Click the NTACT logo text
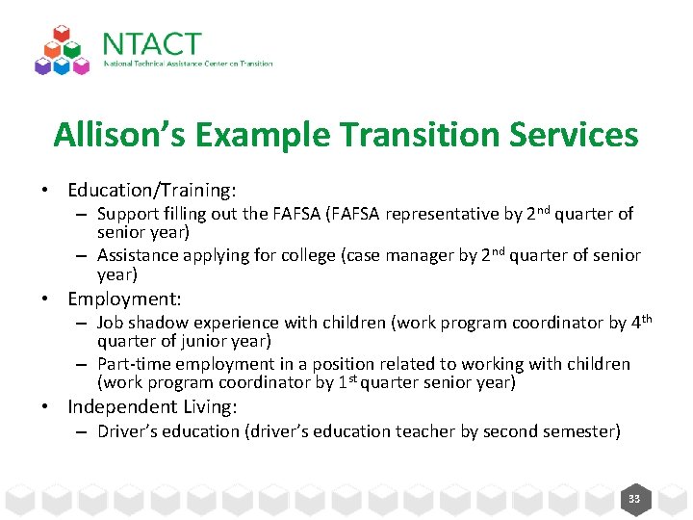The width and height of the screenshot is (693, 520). pyautogui.click(x=151, y=44)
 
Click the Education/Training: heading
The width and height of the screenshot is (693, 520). pyautogui.click(x=152, y=192)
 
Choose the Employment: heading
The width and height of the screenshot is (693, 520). pyautogui.click(x=124, y=299)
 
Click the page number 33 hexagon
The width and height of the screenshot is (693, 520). pyautogui.click(x=634, y=499)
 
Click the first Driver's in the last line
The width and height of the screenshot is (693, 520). pyautogui.click(x=129, y=431)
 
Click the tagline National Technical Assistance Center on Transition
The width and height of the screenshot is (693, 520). pyautogui.click(x=189, y=65)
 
